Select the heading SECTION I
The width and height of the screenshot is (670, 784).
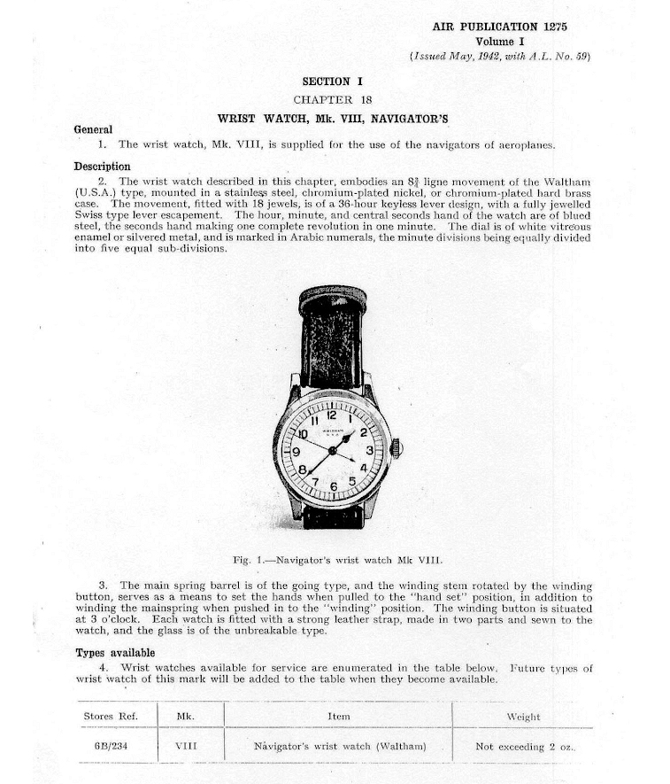click(x=333, y=82)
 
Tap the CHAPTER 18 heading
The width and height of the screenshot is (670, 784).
click(x=333, y=99)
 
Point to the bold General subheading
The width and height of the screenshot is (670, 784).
click(x=93, y=129)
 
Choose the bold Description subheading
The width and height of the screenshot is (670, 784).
click(x=102, y=167)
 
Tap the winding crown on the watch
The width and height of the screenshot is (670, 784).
click(x=397, y=448)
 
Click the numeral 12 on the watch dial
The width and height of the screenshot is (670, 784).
click(x=331, y=415)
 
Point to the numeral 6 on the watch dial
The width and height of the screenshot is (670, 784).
click(x=334, y=486)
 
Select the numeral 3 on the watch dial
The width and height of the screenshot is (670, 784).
click(x=369, y=450)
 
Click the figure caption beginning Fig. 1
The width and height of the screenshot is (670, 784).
click(x=337, y=560)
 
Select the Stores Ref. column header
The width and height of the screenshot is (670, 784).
click(x=110, y=716)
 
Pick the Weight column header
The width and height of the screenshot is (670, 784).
click(x=523, y=717)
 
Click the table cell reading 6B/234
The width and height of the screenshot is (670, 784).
click(x=110, y=746)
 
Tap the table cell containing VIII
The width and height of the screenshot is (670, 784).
click(x=186, y=746)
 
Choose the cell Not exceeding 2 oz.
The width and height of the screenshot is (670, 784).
click(x=524, y=747)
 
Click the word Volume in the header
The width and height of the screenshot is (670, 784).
click(x=496, y=41)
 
